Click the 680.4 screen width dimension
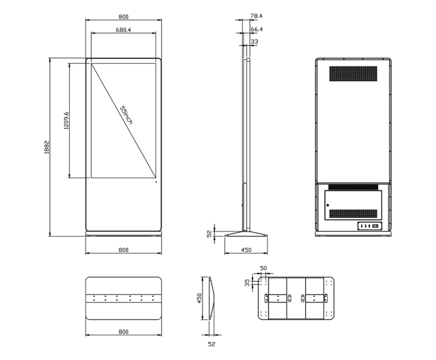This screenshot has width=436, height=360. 123,30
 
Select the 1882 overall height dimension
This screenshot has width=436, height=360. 47,147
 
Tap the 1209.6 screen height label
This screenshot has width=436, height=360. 67,121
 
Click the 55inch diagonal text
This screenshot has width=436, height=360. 126,115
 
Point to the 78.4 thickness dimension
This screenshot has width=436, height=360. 256,16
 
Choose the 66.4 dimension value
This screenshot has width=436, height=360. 256,29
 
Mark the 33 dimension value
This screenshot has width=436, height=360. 254,41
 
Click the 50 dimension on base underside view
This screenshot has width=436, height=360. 263,268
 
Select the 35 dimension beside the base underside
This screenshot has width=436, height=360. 247,283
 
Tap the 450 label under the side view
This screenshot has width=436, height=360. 246,250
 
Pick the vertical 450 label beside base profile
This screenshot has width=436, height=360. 199,298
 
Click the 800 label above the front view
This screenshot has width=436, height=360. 124,17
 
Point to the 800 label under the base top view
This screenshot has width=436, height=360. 124,332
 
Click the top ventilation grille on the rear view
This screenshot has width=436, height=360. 353,74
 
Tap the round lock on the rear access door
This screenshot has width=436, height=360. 328,205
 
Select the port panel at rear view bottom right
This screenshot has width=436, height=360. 369,226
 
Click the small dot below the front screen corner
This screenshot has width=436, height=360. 156,182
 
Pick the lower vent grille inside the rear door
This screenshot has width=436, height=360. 353,214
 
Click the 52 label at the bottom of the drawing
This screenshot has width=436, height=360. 211,344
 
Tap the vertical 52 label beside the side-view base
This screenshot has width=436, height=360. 210,233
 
